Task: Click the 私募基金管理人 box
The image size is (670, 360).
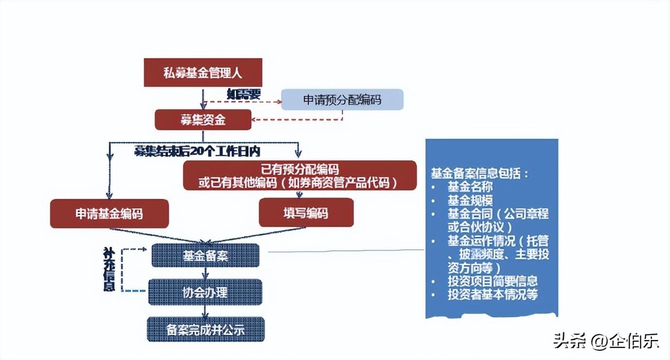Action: coord(203,73)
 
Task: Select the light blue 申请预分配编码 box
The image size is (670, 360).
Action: coord(342,99)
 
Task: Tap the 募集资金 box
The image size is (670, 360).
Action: coord(203,120)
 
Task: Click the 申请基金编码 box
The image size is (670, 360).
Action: coord(109,213)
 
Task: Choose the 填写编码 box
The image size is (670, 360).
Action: coord(306,213)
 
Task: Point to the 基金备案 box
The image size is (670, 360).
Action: coord(205,255)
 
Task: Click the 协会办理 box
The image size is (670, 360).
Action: coord(205,292)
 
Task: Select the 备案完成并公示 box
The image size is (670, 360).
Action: coord(205,329)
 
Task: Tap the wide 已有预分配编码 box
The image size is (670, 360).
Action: coord(300,175)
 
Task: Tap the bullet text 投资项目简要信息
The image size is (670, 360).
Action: coord(492,281)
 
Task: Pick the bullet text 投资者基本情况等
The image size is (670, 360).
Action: coord(492,295)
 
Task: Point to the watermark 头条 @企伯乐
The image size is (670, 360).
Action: coord(606,341)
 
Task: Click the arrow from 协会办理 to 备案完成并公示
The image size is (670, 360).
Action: coord(205,311)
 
